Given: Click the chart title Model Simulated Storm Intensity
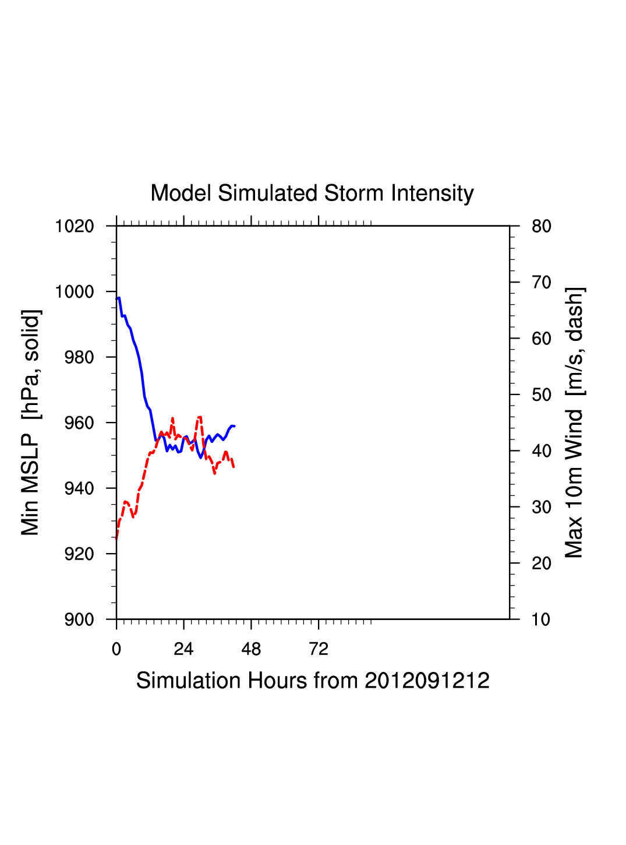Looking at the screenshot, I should [312, 193].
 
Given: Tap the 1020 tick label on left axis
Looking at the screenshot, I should [75, 226].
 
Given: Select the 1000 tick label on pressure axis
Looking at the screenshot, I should [75, 292].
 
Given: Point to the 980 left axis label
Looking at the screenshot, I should [79, 357].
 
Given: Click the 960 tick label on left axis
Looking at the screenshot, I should [79, 423].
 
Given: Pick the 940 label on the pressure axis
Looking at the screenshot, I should [79, 488].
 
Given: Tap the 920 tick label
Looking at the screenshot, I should [79, 554].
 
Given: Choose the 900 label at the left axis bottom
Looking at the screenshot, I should [79, 619].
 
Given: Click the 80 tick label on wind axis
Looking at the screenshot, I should [542, 226].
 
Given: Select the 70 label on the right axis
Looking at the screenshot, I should [542, 283].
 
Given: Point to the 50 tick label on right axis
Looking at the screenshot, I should [542, 395].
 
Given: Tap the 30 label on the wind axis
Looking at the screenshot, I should [542, 508].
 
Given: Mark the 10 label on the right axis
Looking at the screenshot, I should [542, 619].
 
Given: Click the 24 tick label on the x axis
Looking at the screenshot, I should [183, 649].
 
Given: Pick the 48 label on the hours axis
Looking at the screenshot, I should [251, 649].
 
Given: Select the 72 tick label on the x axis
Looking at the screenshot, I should [319, 649].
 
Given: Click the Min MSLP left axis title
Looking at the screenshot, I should [31, 423].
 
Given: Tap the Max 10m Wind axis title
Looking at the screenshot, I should [574, 423].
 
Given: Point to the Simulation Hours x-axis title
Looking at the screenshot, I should [313, 681].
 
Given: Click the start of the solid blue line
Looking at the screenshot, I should [117, 299].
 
